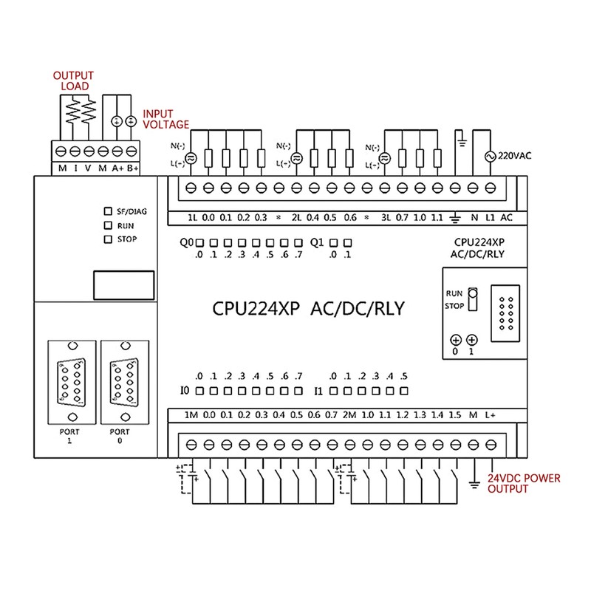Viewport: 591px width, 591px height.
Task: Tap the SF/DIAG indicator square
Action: tap(108, 211)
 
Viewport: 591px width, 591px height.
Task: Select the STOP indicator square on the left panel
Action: tap(108, 239)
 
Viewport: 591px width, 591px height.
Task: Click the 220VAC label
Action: tap(514, 156)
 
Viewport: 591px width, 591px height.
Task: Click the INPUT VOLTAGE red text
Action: tap(166, 119)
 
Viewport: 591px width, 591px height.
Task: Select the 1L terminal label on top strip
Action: tap(192, 218)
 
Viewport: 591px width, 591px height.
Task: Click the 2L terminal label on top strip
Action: tap(297, 218)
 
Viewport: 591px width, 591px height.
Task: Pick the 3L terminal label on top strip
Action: tap(385, 218)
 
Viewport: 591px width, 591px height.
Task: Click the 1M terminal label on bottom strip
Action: tap(191, 415)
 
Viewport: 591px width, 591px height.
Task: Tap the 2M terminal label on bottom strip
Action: tap(350, 415)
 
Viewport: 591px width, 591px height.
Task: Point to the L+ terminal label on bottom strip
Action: tap(490, 415)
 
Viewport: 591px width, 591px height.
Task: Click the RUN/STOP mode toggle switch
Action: tap(473, 300)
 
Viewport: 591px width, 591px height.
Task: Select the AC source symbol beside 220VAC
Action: tap(488, 157)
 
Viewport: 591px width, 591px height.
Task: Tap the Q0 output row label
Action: tap(187, 242)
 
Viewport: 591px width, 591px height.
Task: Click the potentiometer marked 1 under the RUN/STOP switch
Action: tap(473, 340)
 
